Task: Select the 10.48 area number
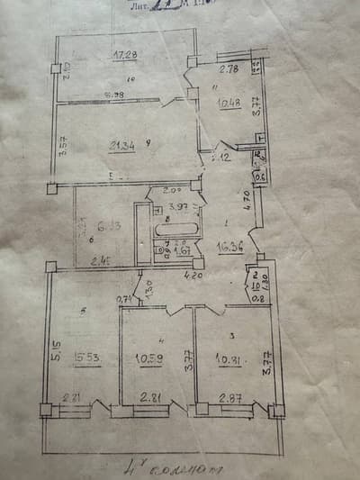tap(228, 103)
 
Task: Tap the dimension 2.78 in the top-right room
tap(229, 68)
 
